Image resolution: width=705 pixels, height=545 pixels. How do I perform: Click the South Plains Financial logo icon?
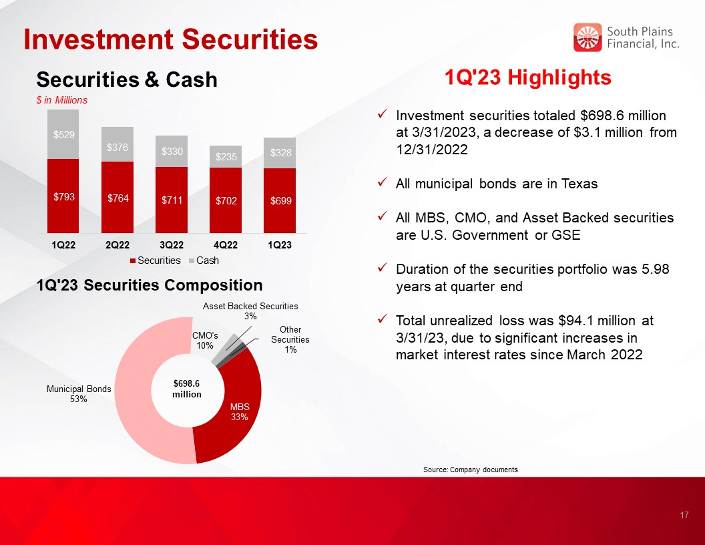[x=587, y=37]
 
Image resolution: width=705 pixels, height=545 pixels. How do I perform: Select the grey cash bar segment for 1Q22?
[x=63, y=134]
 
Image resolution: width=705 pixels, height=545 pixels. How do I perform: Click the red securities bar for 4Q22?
[x=225, y=200]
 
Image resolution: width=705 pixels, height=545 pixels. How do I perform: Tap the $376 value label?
[x=117, y=147]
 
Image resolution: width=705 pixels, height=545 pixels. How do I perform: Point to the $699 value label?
[x=280, y=201]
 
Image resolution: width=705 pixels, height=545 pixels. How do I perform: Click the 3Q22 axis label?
[x=172, y=245]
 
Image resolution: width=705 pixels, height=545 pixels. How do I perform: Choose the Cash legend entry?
[x=204, y=260]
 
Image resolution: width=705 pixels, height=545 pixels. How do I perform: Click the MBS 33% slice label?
[x=240, y=411]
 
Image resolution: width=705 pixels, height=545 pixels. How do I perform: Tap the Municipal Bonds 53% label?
[x=79, y=394]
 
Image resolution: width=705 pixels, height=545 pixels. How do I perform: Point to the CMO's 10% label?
[x=204, y=341]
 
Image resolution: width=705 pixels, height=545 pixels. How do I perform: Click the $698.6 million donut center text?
[x=187, y=389]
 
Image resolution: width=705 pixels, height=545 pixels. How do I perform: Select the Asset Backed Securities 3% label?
[x=250, y=311]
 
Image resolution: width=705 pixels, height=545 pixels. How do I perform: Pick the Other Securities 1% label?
[x=290, y=339]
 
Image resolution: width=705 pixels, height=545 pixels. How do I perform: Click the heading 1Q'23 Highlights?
[x=528, y=77]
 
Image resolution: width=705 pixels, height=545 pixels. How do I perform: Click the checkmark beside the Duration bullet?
[x=383, y=268]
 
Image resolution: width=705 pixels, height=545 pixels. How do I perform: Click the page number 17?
[x=684, y=516]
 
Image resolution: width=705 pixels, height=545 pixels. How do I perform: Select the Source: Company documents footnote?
[x=470, y=470]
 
